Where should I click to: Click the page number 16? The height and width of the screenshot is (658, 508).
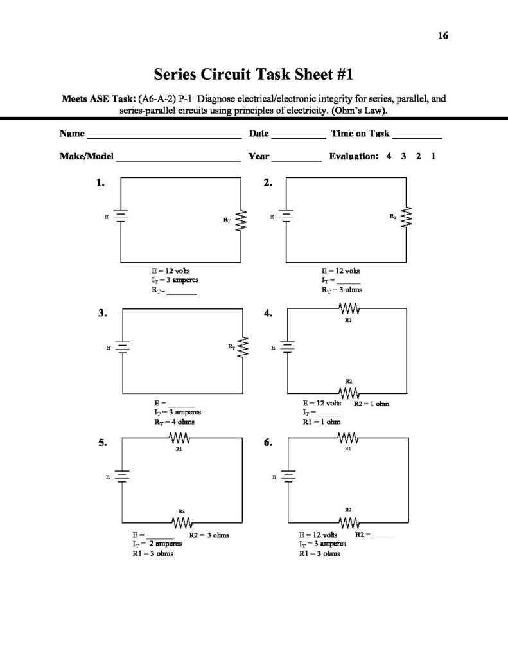443,35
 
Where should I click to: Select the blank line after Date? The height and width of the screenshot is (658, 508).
298,137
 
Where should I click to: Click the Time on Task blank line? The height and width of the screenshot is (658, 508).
416,137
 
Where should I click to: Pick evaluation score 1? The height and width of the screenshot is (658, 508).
434,156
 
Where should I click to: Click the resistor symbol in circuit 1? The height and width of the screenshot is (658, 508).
241,221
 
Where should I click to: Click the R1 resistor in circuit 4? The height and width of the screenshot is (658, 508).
348,310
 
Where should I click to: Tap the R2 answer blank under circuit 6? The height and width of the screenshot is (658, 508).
383,537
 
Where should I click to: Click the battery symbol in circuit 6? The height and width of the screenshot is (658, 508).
286,477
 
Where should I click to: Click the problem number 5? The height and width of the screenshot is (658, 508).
101,443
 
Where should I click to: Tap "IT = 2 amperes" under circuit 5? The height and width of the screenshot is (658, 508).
157,544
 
